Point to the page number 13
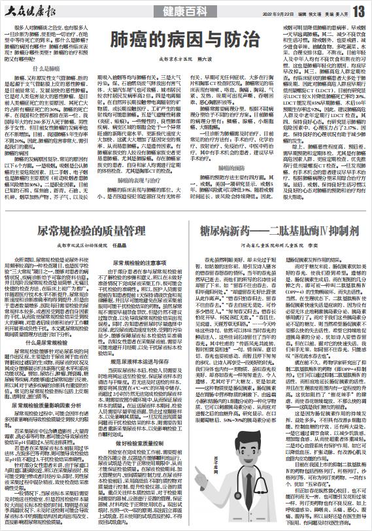358,11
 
